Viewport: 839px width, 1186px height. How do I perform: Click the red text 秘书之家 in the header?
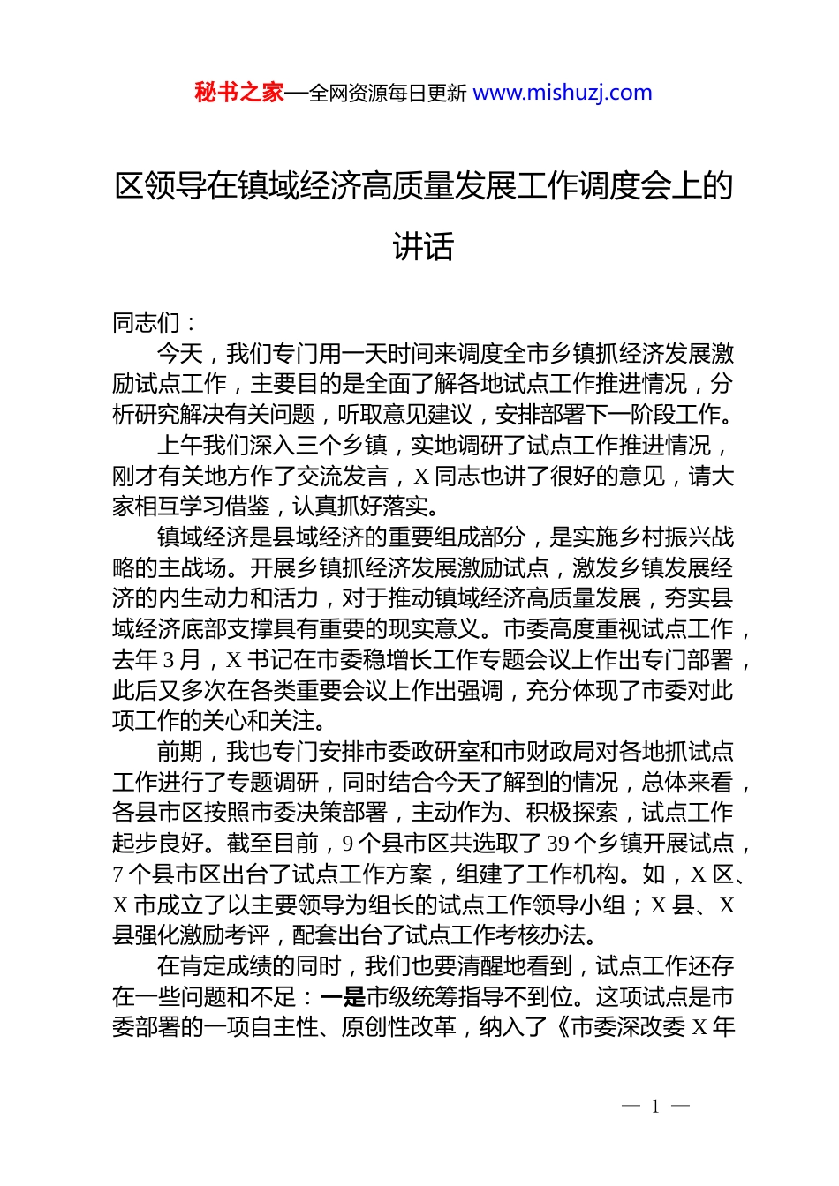click(x=238, y=93)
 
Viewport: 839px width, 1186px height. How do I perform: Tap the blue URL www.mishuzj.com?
click(x=563, y=93)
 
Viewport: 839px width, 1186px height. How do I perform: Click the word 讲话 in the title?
click(x=423, y=246)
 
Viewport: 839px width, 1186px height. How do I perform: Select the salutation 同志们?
click(x=147, y=323)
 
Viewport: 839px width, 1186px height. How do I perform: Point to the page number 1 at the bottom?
click(x=655, y=1107)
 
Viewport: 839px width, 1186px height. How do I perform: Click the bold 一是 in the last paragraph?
click(x=343, y=997)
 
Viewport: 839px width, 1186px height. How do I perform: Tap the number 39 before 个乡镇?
click(x=557, y=844)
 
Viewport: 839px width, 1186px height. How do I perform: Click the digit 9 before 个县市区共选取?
click(x=348, y=844)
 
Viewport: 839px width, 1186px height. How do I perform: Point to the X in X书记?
click(x=234, y=661)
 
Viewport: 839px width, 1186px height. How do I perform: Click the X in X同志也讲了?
click(x=421, y=477)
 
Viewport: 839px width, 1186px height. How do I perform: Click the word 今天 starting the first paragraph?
click(x=181, y=354)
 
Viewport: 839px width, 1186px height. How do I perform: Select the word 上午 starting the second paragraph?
click(x=181, y=447)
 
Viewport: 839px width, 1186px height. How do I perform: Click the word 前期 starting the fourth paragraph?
click(x=181, y=753)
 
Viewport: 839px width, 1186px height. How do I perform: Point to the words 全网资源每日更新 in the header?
click(x=388, y=93)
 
